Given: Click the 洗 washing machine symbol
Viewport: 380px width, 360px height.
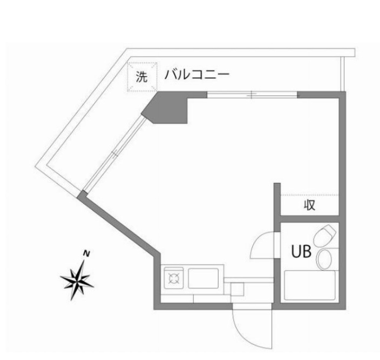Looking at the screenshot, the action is (x=141, y=77).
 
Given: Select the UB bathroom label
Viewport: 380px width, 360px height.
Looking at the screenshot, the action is (x=301, y=252).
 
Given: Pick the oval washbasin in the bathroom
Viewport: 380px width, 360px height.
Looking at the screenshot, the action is (x=324, y=261).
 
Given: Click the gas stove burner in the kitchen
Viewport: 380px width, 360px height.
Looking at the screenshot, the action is (x=175, y=279).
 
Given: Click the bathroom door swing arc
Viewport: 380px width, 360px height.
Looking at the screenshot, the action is (x=261, y=246).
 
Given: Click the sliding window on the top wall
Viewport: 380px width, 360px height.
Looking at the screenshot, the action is (x=252, y=95).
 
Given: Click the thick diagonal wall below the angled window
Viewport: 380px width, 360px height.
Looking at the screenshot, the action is (x=119, y=221).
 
